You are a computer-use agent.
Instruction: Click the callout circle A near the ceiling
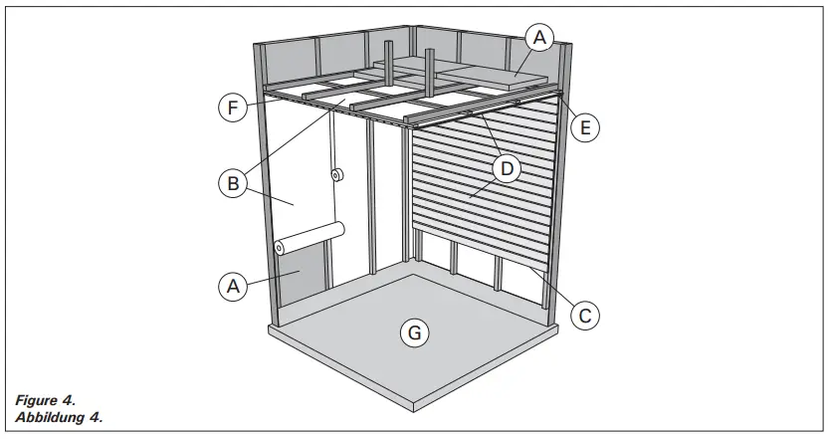coord(538,39)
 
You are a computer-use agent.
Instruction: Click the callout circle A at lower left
coord(232,286)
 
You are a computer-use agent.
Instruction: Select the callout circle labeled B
coord(232,182)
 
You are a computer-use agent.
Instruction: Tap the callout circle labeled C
coord(585,315)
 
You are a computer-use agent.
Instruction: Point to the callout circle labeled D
coord(507,168)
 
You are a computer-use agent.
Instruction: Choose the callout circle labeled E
coord(586,126)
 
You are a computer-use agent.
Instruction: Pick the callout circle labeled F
coord(232,108)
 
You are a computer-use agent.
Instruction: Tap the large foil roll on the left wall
coord(310,238)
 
